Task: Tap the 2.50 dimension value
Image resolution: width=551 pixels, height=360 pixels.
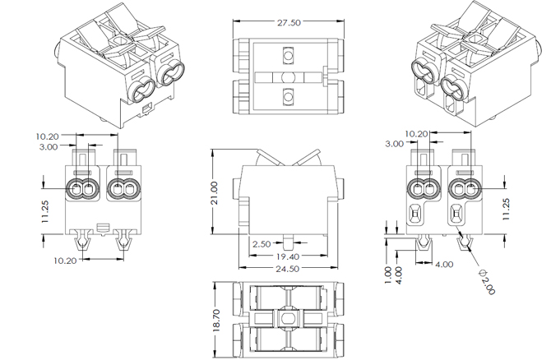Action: pos(262,245)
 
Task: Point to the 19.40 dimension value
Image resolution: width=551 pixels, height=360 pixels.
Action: pos(287,257)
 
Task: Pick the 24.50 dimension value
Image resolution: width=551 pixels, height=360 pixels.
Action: pos(287,270)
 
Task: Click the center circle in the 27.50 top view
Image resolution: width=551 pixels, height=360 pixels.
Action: pos(287,76)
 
